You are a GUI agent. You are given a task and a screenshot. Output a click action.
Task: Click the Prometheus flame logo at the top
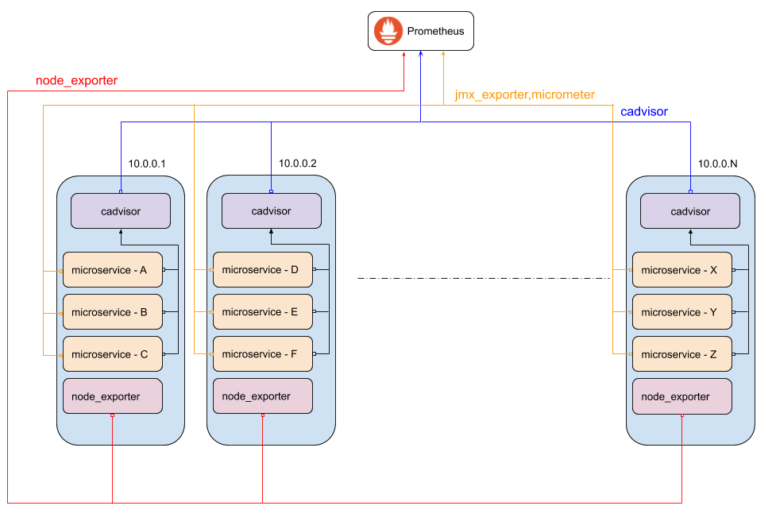click(x=388, y=31)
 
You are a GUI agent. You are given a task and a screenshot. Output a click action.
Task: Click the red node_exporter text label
click(x=77, y=81)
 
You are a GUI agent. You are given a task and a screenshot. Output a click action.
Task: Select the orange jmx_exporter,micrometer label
click(x=524, y=95)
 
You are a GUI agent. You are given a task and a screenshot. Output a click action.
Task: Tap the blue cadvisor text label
click(x=643, y=112)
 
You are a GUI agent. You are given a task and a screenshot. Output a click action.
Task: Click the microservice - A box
click(x=112, y=270)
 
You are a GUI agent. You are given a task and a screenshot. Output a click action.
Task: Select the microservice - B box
click(x=112, y=312)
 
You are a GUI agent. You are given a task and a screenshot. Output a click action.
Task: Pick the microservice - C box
click(x=112, y=354)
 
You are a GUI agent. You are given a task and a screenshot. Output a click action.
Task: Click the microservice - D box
click(x=262, y=270)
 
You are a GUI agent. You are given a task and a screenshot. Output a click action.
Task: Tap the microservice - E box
click(x=262, y=312)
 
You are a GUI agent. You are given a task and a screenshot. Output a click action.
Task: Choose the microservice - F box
click(x=262, y=354)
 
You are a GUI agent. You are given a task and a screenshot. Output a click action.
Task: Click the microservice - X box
click(x=681, y=270)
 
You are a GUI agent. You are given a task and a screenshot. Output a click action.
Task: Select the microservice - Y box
click(x=681, y=312)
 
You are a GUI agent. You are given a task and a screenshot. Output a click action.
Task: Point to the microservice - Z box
click(x=681, y=354)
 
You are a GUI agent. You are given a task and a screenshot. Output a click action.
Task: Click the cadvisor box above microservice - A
click(x=121, y=211)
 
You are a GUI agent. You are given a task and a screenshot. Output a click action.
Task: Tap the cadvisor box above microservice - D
click(x=271, y=211)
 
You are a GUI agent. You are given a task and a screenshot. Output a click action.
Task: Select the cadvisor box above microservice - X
click(x=690, y=211)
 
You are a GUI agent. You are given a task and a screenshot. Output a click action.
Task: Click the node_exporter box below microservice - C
click(x=112, y=396)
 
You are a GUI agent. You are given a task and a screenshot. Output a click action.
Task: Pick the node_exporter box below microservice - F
click(x=262, y=396)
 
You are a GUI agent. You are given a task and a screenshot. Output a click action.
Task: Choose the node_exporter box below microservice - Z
click(x=681, y=396)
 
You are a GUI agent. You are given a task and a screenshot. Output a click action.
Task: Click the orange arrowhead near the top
click(x=443, y=54)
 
